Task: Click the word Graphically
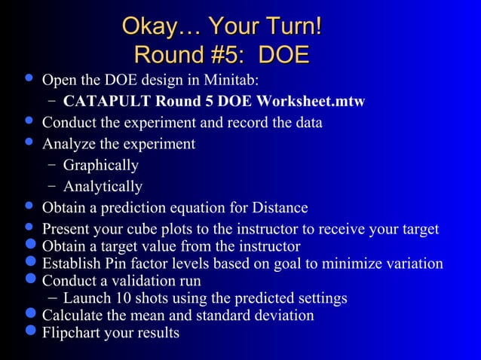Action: point(100,165)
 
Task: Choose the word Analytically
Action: point(103,186)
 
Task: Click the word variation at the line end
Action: point(413,264)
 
